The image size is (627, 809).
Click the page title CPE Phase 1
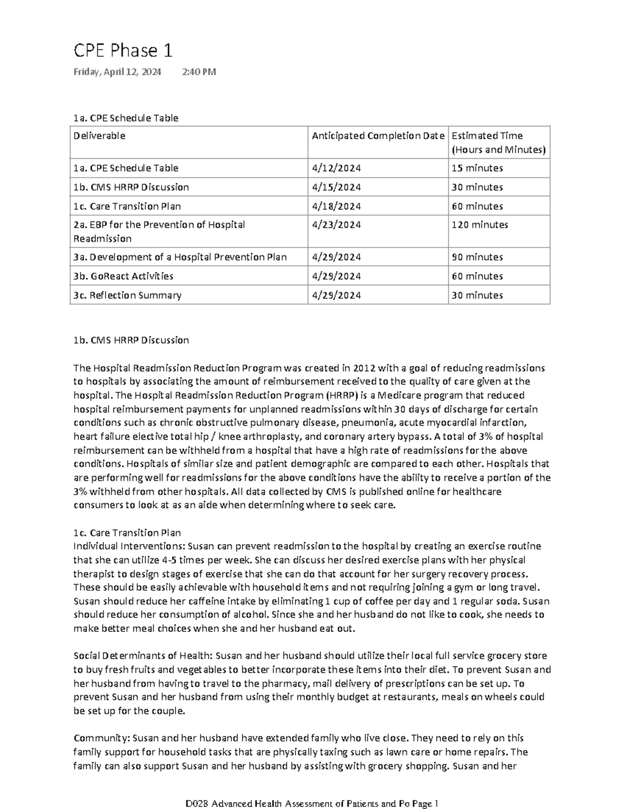tap(123, 51)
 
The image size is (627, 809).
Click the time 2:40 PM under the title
tap(199, 72)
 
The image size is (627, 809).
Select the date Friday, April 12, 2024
tap(117, 72)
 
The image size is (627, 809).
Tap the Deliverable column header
tap(99, 136)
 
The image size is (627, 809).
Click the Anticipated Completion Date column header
tap(378, 136)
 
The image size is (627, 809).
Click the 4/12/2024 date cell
tap(336, 168)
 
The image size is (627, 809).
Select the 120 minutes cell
tap(480, 225)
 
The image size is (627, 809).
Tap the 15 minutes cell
tap(477, 168)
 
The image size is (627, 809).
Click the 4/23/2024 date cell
tap(336, 225)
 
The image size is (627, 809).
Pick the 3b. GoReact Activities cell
tap(123, 276)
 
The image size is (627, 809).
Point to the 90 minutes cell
tap(477, 257)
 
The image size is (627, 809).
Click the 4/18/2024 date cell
tap(336, 206)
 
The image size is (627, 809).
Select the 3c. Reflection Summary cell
tap(127, 295)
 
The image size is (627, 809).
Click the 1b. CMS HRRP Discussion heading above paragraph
tap(131, 340)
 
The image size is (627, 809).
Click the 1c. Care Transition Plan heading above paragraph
tap(127, 533)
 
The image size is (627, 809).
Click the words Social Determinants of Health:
tap(143, 655)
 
